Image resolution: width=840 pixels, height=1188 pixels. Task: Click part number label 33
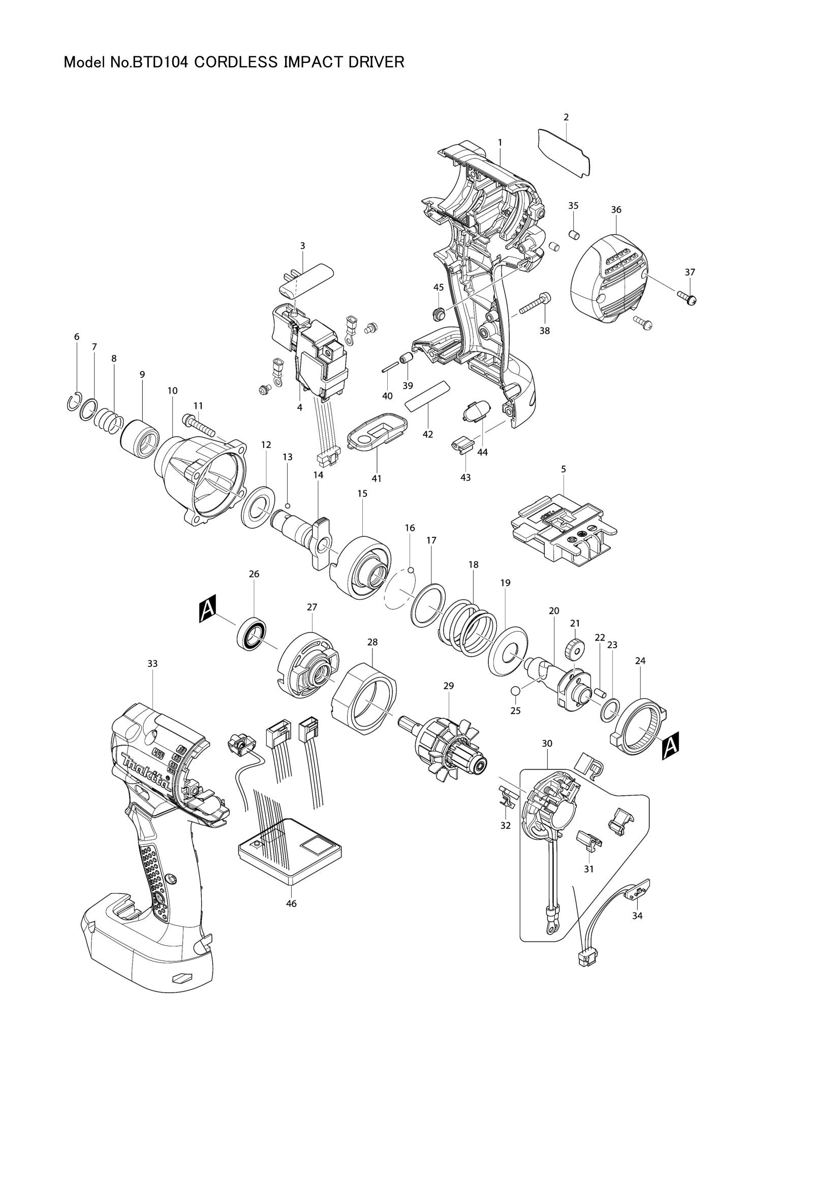(152, 663)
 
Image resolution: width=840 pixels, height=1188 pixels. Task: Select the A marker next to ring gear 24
(670, 746)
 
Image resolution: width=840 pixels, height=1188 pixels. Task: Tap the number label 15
(362, 494)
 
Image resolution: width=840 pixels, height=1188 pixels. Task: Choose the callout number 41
(376, 478)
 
